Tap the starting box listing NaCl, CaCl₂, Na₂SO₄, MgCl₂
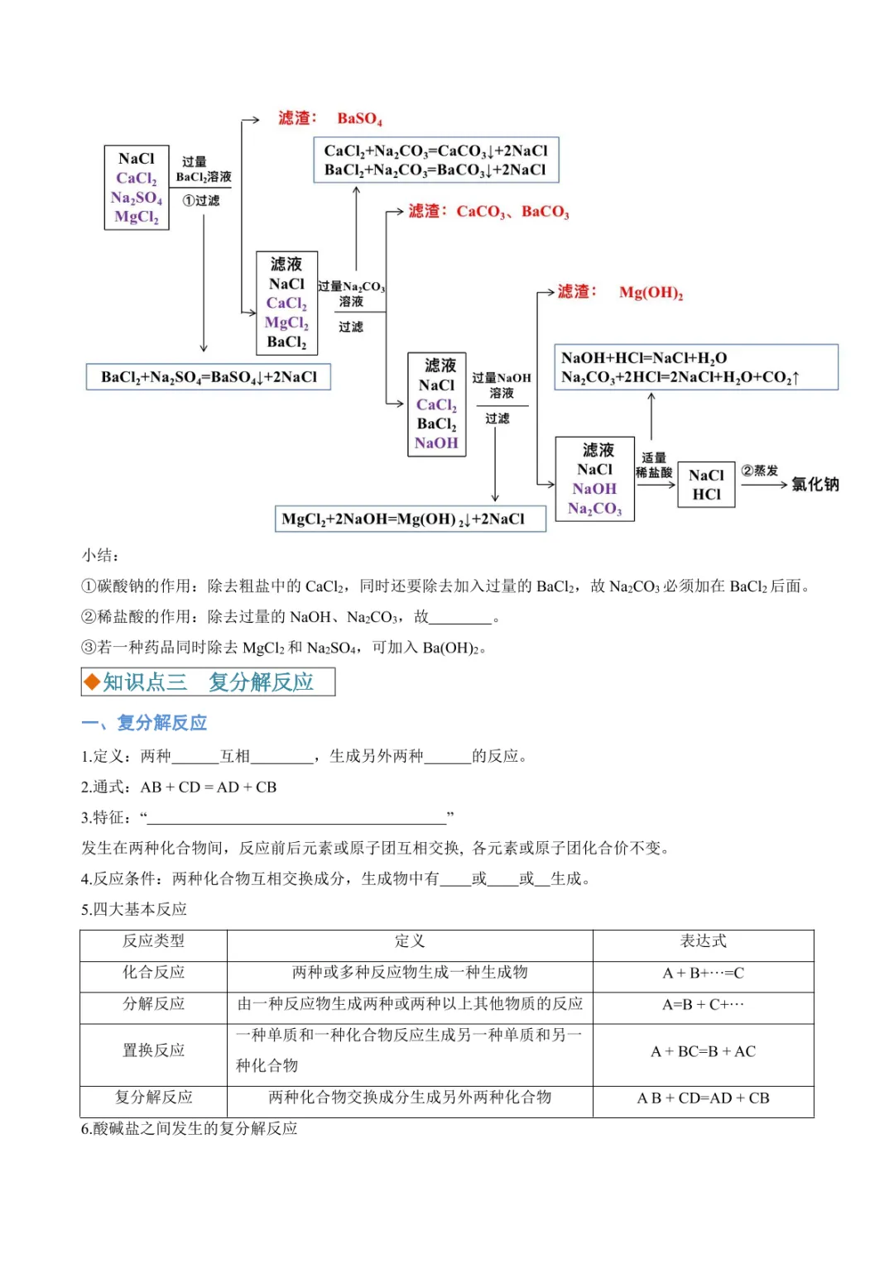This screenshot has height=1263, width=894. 137,188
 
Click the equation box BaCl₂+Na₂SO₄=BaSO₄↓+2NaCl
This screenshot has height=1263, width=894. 209,377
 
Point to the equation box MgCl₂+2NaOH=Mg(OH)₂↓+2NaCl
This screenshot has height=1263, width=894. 411,519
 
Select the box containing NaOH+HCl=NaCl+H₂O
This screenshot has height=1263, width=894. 695,367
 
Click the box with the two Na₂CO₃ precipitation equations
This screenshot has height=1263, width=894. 435,160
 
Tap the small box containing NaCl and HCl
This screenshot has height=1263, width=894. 706,485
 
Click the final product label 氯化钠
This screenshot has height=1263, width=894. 815,484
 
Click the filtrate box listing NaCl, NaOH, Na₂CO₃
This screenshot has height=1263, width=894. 594,479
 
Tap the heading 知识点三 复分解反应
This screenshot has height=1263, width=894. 208,682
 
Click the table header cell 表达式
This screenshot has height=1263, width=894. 703,941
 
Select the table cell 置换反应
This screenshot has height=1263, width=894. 153,1050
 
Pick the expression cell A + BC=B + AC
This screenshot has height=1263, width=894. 703,1051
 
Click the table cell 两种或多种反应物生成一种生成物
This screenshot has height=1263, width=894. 409,973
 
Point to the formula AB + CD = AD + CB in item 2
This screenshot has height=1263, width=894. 209,787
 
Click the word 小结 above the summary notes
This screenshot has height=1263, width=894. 99,555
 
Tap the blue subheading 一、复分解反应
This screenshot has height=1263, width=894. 144,723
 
